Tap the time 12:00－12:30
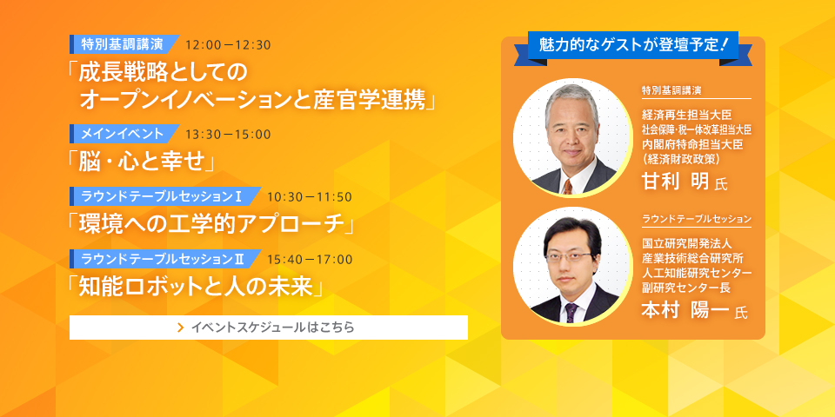click(229, 44)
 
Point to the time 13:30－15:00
click(229, 134)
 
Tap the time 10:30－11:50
click(310, 197)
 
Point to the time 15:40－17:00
click(310, 260)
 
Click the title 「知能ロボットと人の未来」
click(197, 288)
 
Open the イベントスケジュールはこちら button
click(269, 328)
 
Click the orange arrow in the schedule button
click(181, 328)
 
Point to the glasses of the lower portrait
click(568, 257)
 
